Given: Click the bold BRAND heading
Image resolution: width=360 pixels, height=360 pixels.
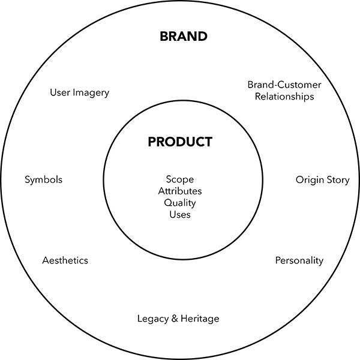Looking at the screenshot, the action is tap(184, 37).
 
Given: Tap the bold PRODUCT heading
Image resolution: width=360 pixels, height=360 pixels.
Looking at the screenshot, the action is tap(180, 142).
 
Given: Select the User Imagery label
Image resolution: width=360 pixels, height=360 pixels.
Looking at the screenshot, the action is tap(79, 93).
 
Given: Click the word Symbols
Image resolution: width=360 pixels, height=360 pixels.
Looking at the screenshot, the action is tap(43, 180).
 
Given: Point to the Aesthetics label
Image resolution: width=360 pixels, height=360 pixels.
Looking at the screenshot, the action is tap(65, 260).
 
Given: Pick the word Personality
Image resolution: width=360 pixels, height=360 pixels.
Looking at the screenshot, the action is tap(299, 261).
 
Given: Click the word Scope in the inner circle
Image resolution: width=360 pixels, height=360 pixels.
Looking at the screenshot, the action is tap(180, 179).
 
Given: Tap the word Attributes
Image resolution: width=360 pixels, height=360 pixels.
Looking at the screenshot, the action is tap(180, 191).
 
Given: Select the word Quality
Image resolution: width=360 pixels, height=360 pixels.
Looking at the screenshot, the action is tap(180, 203).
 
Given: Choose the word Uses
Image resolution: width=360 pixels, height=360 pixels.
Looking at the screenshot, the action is tap(180, 215).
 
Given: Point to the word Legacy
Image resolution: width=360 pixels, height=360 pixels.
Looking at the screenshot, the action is tap(152, 319).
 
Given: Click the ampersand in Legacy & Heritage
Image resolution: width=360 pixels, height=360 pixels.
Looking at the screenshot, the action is tap(175, 319).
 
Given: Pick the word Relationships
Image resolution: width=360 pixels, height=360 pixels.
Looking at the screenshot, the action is tap(284, 97).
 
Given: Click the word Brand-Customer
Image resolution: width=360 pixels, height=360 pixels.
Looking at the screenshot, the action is tap(284, 85).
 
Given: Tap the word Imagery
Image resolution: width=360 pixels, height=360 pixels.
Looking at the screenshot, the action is tap(91, 93).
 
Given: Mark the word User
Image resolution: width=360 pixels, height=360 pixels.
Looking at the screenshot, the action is tap(60, 92).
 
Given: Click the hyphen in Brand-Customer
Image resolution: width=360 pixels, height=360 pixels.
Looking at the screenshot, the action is tap(275, 86).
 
